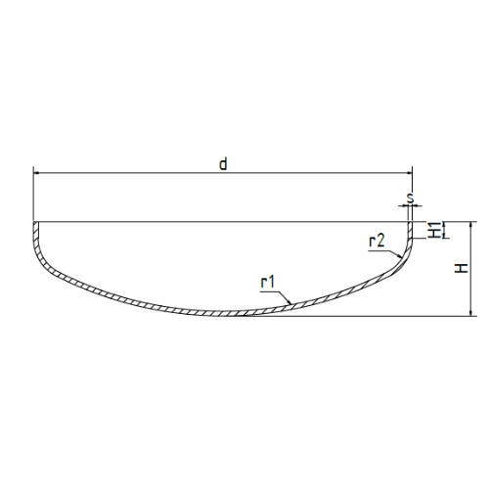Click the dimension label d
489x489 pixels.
coord(223,164)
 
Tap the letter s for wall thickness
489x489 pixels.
coord(411,199)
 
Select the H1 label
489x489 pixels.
coord(435,230)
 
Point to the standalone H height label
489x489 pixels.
coord(462,268)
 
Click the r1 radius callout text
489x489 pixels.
coord(268,283)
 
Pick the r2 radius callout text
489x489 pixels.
coord(377,242)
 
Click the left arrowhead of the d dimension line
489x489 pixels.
coord(36,173)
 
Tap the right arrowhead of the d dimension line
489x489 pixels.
coord(409,173)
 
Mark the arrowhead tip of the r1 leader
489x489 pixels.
coord(290,304)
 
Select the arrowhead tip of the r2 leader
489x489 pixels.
coord(401,258)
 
